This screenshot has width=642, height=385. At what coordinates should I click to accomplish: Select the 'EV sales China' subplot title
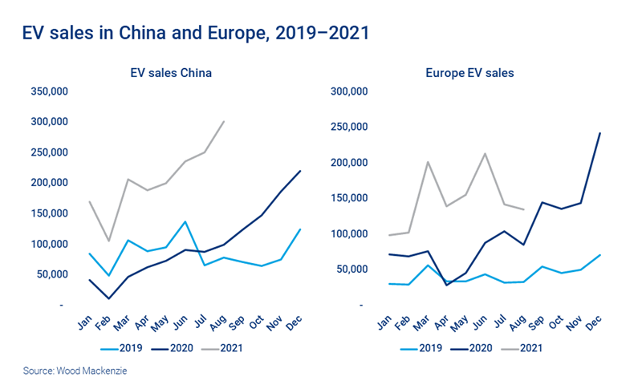click(171, 73)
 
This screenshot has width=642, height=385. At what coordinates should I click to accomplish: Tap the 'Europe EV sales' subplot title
click(469, 73)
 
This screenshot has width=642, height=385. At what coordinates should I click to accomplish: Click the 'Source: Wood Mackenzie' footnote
click(69, 371)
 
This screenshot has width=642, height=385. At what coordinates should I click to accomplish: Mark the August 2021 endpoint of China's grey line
click(224, 122)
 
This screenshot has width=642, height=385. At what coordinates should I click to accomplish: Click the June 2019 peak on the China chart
click(186, 221)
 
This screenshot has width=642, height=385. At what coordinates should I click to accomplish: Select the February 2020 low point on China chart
click(108, 298)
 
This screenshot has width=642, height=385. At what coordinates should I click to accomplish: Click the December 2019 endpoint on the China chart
click(301, 229)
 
